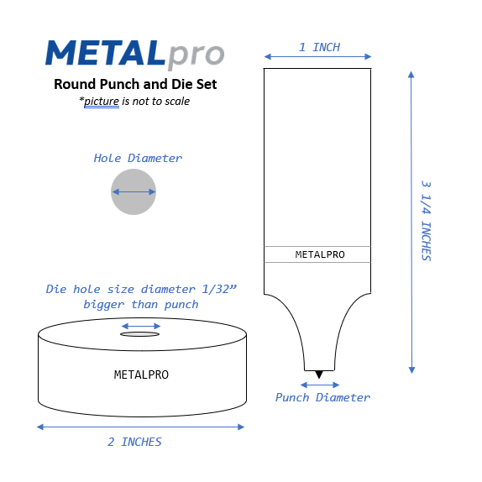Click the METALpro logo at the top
[134, 54]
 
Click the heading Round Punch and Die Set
[134, 84]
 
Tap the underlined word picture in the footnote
[102, 102]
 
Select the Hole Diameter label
[138, 158]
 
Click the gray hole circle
[134, 191]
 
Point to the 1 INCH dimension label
[319, 47]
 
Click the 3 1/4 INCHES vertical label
[426, 220]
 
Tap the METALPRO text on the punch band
[319, 254]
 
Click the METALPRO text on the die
[141, 375]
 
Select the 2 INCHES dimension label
[134, 442]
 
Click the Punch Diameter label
[322, 397]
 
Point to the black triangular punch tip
[318, 374]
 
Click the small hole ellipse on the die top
[140, 334]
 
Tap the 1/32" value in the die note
[221, 290]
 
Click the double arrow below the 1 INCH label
[317, 57]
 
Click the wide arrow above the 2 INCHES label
[140, 427]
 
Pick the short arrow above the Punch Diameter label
[319, 385]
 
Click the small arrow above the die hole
[140, 325]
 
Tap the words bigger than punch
[141, 304]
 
